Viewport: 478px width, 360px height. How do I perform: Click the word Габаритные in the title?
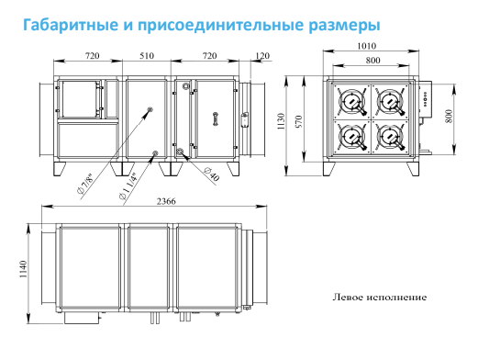(x=70, y=25)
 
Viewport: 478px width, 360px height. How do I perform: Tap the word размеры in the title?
(x=344, y=26)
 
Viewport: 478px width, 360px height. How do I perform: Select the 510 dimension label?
(x=147, y=56)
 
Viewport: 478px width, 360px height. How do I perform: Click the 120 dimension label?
(x=262, y=56)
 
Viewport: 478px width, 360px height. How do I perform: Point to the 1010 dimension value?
(x=366, y=46)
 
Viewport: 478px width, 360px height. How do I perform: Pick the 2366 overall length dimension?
(x=166, y=201)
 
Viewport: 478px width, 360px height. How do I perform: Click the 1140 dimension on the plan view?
(x=23, y=269)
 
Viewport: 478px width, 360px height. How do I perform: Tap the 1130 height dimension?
(x=281, y=121)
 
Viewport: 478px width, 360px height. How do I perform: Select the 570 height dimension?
(x=299, y=121)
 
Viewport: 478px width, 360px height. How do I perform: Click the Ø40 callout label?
(x=212, y=174)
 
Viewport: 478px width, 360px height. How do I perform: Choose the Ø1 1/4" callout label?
(x=129, y=186)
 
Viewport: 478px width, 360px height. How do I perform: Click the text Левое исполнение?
(x=380, y=297)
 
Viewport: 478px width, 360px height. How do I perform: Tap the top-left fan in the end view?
(x=352, y=101)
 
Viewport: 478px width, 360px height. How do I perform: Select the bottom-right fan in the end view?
(x=390, y=137)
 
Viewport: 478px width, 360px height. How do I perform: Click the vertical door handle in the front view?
(x=216, y=118)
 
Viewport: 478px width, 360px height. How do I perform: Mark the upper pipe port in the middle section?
(x=150, y=109)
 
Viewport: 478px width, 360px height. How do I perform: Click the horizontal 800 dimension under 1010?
(x=372, y=61)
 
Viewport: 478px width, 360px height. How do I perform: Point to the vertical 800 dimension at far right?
(x=449, y=116)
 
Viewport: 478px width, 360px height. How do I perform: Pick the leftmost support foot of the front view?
(x=59, y=169)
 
